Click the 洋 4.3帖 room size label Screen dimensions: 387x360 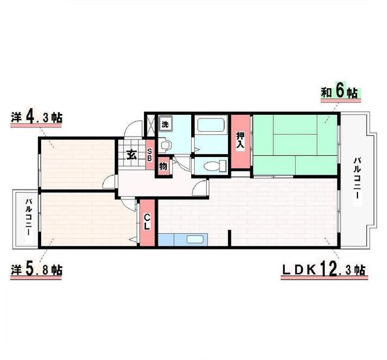coord(36,118)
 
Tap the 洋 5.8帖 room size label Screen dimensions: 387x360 coord(36,270)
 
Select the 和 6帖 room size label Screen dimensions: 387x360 coord(339,92)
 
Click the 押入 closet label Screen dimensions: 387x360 coord(240,140)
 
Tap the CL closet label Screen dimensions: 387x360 coord(147,222)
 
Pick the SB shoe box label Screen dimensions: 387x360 coord(149,155)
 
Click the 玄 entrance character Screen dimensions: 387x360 coord(131,155)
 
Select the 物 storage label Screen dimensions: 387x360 coord(163,167)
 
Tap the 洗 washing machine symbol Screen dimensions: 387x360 coord(165,124)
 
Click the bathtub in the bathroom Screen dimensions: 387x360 coord(212,125)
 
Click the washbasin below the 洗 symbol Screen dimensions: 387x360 coord(164,144)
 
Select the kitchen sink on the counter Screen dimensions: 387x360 coord(195,239)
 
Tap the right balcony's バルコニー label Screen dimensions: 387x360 coord(357,178)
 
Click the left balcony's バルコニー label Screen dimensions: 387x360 coord(28,217)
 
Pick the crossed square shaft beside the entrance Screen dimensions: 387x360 coord(151,126)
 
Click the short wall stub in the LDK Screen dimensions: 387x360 coord(229,238)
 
